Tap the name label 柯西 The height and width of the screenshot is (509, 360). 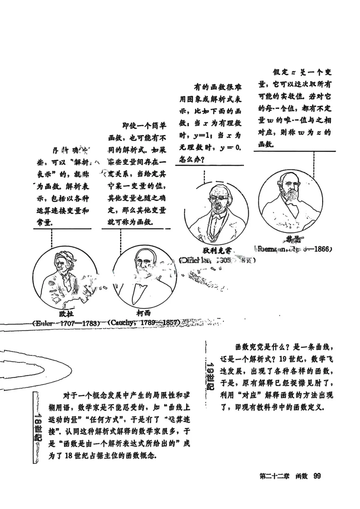tap(144, 313)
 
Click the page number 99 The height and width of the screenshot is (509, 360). tap(317, 476)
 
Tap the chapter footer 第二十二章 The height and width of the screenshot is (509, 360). tap(274, 476)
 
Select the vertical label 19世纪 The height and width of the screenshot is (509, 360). tap(210, 376)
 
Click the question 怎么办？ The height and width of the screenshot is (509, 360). tap(192, 160)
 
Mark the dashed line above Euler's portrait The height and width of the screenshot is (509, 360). tap(52, 238)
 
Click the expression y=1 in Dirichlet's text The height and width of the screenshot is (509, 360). tap(201, 136)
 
